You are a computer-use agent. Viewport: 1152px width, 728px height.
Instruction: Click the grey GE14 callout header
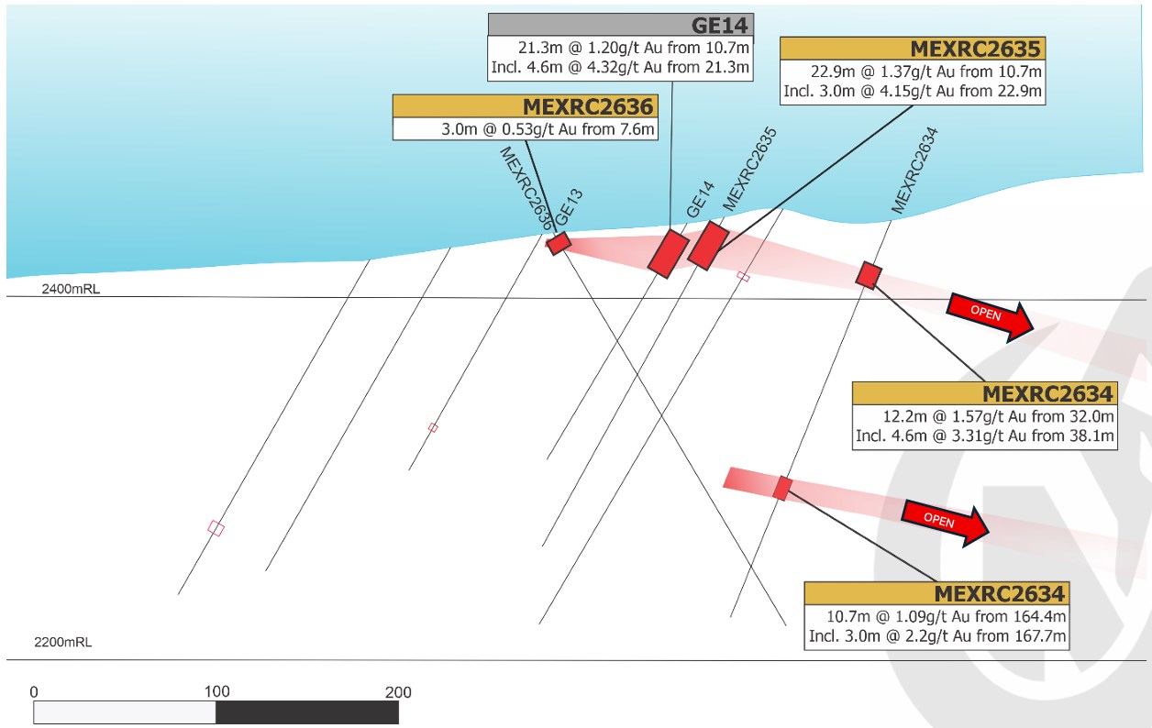pos(621,25)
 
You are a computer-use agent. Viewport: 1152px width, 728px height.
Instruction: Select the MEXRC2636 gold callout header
pos(525,106)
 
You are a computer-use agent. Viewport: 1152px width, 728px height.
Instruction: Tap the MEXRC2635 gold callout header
pos(913,49)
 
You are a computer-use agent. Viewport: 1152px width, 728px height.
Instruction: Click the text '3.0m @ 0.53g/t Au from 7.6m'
pos(548,129)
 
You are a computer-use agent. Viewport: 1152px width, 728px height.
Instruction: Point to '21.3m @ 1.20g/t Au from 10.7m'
pos(633,48)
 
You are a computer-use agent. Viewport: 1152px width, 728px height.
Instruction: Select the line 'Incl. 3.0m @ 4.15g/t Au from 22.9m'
pos(913,91)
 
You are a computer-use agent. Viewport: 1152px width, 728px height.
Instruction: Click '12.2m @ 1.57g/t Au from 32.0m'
pos(998,416)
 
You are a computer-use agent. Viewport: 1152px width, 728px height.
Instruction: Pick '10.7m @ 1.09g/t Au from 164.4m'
pos(946,616)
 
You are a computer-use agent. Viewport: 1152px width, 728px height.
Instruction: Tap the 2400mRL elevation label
pos(71,289)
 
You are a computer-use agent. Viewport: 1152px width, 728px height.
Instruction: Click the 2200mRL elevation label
pos(62,642)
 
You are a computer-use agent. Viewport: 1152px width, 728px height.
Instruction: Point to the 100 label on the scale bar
pos(216,691)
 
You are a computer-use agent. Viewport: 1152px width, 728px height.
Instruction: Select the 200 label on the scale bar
pos(398,692)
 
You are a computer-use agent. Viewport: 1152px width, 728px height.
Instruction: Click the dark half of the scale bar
pos(307,712)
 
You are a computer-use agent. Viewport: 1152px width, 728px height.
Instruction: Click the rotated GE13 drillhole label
pos(569,207)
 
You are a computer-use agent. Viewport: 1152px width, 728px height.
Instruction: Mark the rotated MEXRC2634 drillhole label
pos(914,171)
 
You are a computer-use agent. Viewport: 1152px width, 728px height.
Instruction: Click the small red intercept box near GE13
pos(559,243)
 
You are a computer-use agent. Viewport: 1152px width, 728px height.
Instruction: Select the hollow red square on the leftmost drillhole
pos(216,528)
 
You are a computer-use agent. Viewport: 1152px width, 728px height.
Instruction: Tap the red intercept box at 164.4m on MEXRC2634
pos(782,489)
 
